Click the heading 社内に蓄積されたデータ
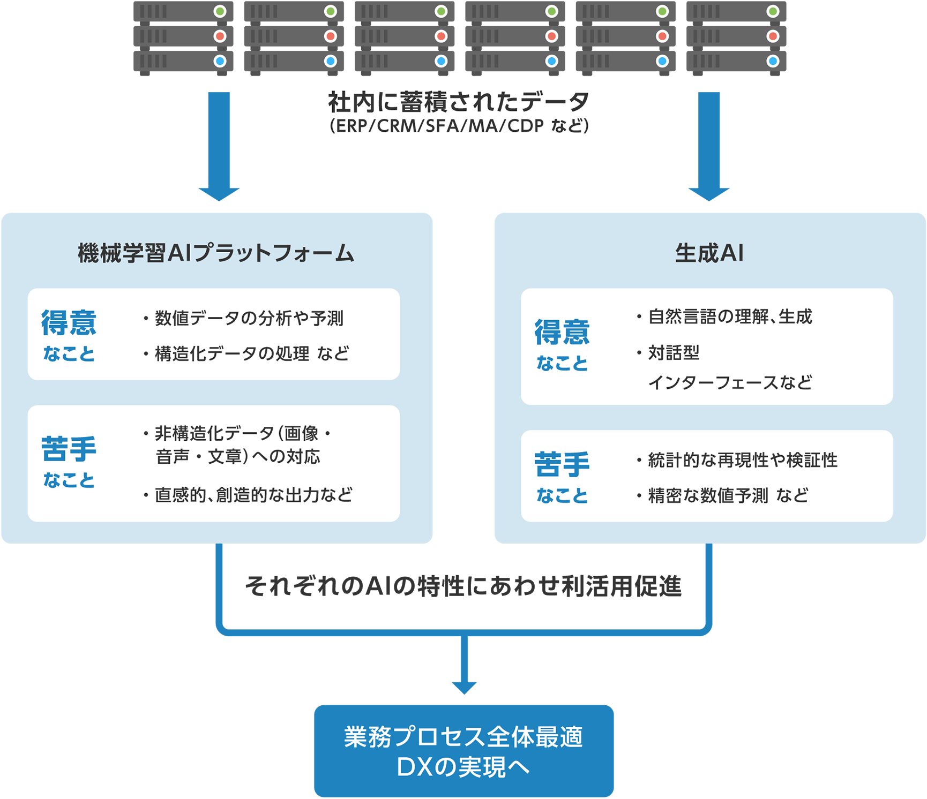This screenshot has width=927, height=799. (459, 101)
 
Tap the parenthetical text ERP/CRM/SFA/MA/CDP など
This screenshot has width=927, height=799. (459, 126)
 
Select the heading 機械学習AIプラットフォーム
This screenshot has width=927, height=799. (215, 253)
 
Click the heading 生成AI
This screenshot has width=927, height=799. (709, 253)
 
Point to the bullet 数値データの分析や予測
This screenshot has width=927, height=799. (249, 318)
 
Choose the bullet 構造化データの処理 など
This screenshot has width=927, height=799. (252, 353)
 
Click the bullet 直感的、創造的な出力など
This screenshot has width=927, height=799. (253, 495)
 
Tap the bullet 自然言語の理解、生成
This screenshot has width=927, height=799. (730, 316)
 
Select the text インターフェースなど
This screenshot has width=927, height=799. (730, 382)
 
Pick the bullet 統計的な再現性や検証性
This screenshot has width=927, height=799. (743, 460)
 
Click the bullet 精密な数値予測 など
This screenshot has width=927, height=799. (728, 495)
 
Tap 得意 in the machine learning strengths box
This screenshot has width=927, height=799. (69, 323)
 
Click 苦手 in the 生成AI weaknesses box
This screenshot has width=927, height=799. (562, 464)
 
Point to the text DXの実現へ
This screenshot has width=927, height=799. (463, 767)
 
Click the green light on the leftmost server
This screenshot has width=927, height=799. (220, 11)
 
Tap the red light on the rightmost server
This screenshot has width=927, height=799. (773, 36)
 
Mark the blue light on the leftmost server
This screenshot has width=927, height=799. (220, 61)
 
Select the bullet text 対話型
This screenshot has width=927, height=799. (674, 353)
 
